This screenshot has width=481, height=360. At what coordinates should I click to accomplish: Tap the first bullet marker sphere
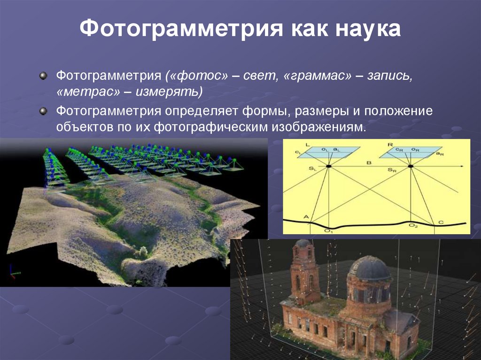click(44, 76)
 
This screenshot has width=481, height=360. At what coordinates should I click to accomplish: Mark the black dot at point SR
click(411, 166)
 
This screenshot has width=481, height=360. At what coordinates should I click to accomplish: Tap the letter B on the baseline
click(369, 162)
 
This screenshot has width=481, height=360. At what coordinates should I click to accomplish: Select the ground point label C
click(440, 222)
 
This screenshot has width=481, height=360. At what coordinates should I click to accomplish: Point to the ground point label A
click(306, 216)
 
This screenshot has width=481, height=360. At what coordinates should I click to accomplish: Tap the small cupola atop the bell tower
click(303, 244)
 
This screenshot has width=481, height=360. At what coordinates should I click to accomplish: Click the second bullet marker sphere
click(44, 112)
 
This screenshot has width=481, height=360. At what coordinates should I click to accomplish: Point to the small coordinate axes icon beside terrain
click(13, 272)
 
